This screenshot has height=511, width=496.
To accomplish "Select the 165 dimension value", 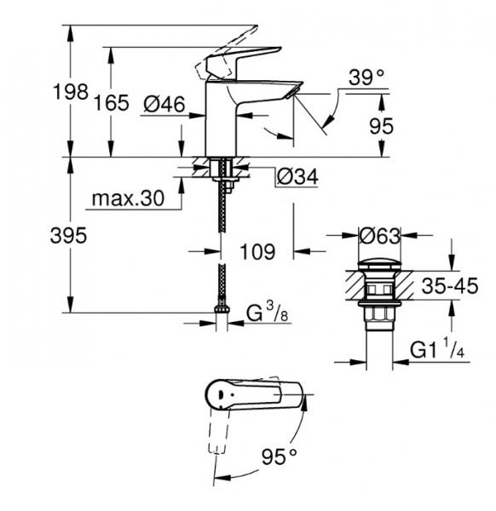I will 112,104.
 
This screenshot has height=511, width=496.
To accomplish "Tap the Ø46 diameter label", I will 164,104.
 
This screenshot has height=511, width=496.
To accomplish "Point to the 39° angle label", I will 367,78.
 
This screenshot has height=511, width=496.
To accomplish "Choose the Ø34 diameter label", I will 298,177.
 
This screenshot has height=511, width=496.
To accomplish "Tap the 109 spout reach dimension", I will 257,252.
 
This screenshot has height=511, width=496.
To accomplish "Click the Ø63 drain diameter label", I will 379,234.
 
